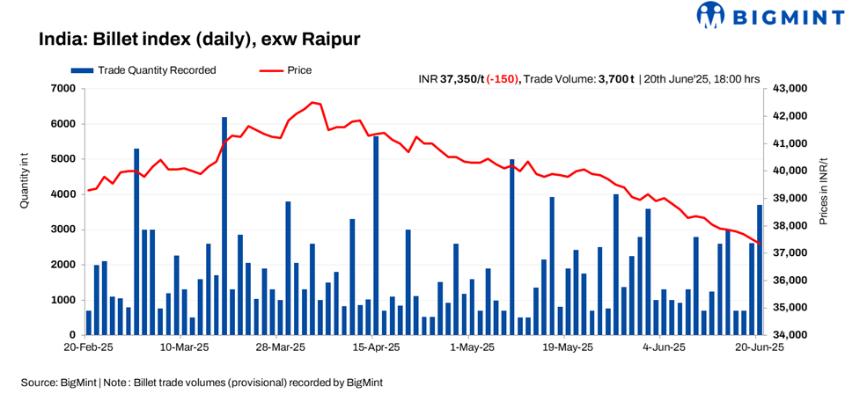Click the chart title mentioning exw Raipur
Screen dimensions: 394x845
coord(200,40)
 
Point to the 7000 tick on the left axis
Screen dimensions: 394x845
coord(62,89)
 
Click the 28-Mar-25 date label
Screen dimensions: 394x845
coord(281,348)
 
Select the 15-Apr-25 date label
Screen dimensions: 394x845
coord(377,348)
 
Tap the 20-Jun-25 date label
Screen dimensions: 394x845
coord(760,348)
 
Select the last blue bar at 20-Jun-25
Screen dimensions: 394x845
coord(760,270)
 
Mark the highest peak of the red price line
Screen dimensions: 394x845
coord(314,102)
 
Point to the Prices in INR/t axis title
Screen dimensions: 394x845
coord(824,192)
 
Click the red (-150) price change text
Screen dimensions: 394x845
coord(503,79)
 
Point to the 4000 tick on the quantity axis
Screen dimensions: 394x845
coord(62,194)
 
